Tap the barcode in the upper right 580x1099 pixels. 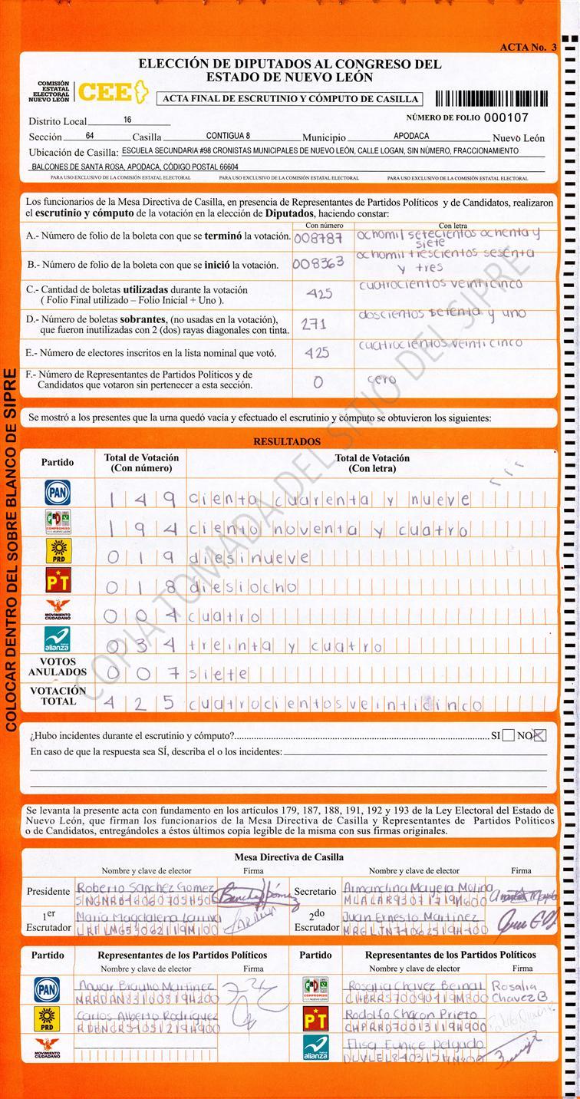[x=491, y=98]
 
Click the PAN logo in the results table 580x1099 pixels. [x=58, y=493]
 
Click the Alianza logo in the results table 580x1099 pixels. [x=58, y=639]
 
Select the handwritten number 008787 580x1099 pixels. [x=318, y=239]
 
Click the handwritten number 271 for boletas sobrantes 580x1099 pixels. [x=314, y=325]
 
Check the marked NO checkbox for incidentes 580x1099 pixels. [x=539, y=735]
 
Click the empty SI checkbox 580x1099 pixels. [x=507, y=735]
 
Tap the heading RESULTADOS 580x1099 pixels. [x=287, y=442]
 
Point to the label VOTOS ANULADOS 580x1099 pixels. [x=58, y=667]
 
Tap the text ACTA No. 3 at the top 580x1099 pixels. [x=528, y=47]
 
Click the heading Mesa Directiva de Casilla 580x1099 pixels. [x=288, y=857]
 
